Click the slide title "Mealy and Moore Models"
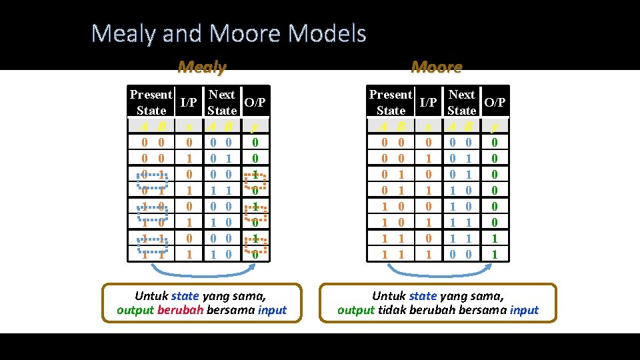tap(229, 33)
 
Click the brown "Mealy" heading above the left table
tap(202, 67)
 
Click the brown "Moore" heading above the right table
tap(437, 67)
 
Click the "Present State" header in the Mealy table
tap(151, 102)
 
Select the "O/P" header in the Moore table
tap(495, 103)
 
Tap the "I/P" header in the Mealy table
tap(189, 103)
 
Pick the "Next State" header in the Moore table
tap(461, 102)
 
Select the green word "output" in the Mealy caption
tap(135, 310)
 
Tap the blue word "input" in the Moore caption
tap(524, 310)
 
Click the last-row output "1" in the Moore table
tap(494, 254)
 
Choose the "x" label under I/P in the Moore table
tap(429, 126)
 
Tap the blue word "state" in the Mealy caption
tap(185, 295)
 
